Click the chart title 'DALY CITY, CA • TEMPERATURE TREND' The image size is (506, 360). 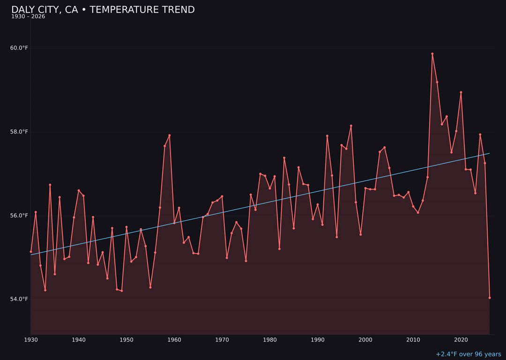click(103, 10)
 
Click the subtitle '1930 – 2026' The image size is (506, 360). click(28, 17)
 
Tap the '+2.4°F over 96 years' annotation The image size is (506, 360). click(468, 354)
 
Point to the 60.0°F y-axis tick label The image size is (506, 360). click(19, 48)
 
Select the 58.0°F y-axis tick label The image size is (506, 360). click(19, 132)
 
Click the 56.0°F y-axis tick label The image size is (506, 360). click(19, 216)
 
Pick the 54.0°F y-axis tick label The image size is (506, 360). click(19, 299)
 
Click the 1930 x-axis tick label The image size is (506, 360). click(31, 340)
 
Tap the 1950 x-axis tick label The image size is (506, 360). click(126, 340)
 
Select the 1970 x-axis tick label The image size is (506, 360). click(222, 340)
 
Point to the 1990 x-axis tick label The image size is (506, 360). click(318, 340)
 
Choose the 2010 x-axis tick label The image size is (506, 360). click(413, 340)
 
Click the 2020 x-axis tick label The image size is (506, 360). click(461, 340)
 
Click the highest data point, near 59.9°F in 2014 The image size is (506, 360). click(432, 54)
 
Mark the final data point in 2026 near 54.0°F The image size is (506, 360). click(490, 298)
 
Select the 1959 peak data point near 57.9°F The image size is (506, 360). click(170, 135)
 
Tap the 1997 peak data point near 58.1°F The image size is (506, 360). click(351, 126)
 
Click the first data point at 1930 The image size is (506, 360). click(31, 252)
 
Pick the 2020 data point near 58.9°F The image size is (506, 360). click(461, 92)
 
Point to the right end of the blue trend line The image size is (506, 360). click(490, 153)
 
